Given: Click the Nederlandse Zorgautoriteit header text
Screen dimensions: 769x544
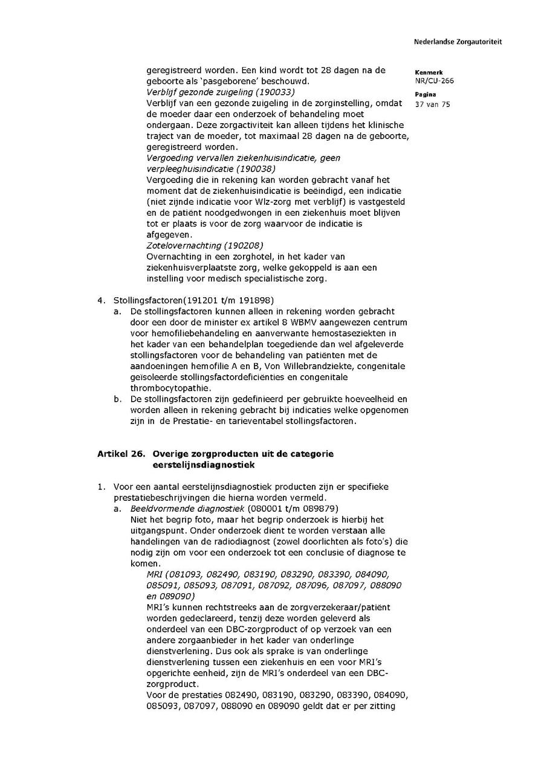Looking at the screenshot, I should click(x=458, y=42).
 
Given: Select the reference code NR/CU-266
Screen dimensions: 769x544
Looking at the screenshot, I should click(x=434, y=80).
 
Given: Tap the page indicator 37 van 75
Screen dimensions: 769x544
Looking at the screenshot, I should click(x=432, y=104).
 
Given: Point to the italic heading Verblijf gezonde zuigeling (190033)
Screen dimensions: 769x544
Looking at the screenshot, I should click(x=221, y=92).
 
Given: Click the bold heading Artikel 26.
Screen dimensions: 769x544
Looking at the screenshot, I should click(x=121, y=454).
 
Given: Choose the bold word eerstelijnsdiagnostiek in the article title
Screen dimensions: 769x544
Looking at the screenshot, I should click(x=200, y=465).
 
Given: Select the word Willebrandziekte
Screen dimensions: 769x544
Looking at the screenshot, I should click(x=345, y=366).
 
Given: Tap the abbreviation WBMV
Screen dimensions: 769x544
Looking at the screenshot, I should click(x=311, y=322).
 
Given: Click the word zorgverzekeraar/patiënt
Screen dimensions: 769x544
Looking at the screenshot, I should click(x=332, y=607).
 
